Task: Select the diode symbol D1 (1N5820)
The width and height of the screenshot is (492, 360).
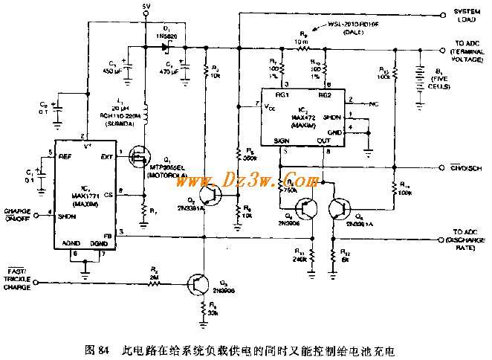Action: (x=164, y=45)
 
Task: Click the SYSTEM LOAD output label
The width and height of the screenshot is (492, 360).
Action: (x=467, y=16)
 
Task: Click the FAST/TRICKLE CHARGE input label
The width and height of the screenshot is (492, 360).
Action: (x=16, y=285)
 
